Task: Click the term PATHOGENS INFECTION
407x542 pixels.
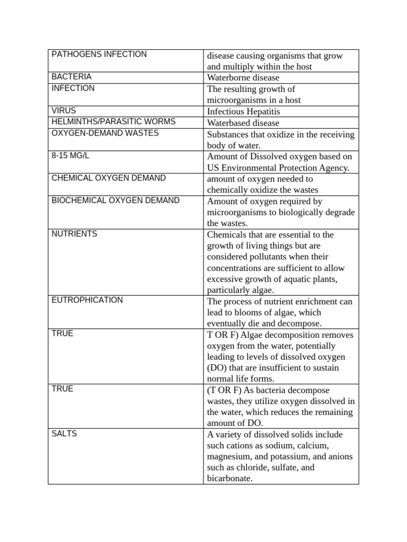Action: point(99,55)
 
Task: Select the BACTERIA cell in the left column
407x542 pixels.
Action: point(72,77)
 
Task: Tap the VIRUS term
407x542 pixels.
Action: point(64,111)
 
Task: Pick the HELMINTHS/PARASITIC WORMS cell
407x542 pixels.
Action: point(113,122)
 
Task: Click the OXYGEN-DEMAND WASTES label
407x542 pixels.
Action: point(105,133)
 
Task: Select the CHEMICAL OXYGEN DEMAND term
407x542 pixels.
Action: point(109,178)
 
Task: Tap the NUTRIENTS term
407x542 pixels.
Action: point(74,233)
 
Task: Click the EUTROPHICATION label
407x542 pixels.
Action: point(87,300)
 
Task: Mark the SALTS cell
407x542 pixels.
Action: point(64,433)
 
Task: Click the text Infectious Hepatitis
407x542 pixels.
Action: point(243,112)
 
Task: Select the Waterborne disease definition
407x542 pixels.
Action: point(243,78)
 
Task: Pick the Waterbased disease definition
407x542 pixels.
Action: point(243,123)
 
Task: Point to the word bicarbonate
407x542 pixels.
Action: point(229,478)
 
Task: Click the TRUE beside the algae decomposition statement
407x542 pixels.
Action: point(63,333)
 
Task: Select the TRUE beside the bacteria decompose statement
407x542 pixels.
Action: point(63,389)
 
